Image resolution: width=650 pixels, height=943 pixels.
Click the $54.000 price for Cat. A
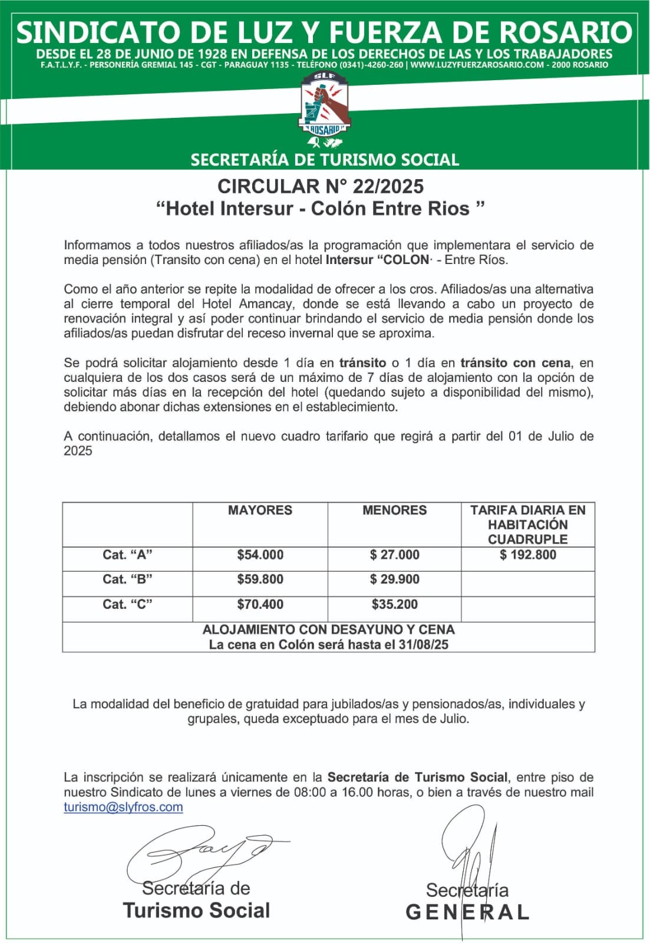pos(260,555)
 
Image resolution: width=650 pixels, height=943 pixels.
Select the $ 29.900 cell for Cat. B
pos(394,579)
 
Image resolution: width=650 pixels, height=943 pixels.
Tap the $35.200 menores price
pos(394,604)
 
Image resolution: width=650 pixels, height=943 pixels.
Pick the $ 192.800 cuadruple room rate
pos(527,555)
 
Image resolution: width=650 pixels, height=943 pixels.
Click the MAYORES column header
pos(260,510)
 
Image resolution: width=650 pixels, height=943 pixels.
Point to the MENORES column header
pos(394,510)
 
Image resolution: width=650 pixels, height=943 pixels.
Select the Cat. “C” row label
pos(127,604)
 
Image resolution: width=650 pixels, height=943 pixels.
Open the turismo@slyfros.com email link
pos(123,807)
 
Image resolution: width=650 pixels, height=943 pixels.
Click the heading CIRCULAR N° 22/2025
pos(321,186)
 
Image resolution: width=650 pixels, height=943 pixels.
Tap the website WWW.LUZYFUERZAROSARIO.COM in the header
pos(477,65)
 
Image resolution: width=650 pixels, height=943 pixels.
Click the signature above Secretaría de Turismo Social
pos(200,852)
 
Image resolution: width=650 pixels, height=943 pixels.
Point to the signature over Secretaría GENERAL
pos(468,849)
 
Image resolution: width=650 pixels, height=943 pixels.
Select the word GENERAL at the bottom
pos(467,912)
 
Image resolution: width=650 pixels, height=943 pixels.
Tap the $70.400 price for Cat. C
pos(260,604)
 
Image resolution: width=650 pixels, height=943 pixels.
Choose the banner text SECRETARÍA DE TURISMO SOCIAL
pos(325,160)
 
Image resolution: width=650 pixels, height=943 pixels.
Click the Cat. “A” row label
pos(127,555)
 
